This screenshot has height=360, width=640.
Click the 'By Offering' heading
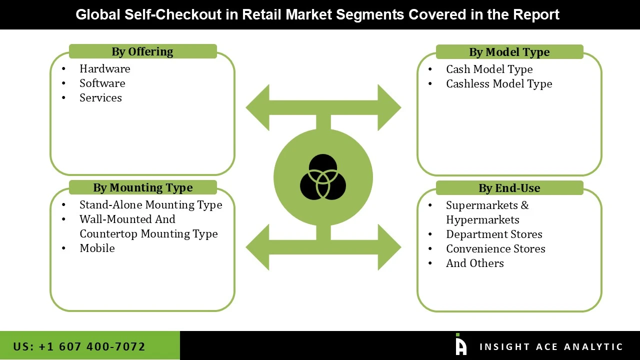[142, 51]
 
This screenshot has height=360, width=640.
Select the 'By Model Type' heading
[509, 52]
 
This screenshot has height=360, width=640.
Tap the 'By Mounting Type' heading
[142, 187]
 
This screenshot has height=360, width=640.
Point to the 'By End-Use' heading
[509, 188]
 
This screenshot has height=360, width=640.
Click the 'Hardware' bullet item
[104, 69]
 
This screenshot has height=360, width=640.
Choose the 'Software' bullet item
[102, 83]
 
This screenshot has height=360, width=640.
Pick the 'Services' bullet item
[100, 98]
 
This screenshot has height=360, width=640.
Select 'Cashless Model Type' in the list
[499, 84]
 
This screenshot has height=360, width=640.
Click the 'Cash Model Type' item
[489, 69]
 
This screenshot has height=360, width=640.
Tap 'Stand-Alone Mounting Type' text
[150, 205]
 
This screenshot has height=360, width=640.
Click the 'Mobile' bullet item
[97, 248]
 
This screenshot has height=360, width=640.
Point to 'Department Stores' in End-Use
[494, 234]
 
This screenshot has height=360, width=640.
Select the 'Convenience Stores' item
[495, 249]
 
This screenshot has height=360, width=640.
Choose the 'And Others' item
[474, 263]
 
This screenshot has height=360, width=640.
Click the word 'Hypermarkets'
[482, 220]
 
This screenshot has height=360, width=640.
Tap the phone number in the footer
[79, 346]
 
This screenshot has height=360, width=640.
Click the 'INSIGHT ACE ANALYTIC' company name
[551, 347]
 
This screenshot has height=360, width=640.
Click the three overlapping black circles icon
[323, 177]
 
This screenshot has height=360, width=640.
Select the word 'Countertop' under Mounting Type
[108, 234]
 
